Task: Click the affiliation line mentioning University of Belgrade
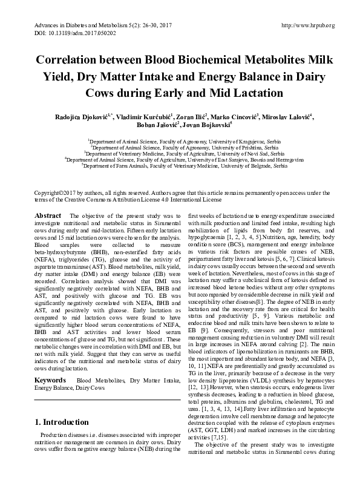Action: tap(180, 165)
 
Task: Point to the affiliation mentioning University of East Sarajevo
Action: tap(180, 159)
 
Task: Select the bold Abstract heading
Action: tap(47, 215)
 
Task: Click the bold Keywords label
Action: tap(50, 363)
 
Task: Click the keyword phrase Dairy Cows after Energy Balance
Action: tap(94, 370)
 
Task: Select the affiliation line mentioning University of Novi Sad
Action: tap(180, 153)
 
